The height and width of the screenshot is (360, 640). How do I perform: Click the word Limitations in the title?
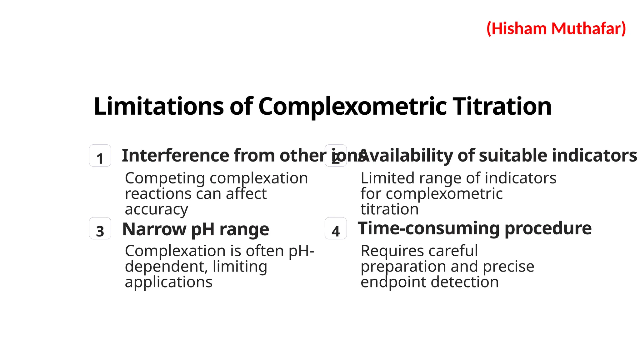(x=158, y=107)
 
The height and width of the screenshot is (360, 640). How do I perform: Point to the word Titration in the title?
(x=502, y=107)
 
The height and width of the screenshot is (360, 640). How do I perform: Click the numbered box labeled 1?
(x=100, y=156)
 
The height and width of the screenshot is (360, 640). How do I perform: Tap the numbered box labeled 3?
(x=100, y=228)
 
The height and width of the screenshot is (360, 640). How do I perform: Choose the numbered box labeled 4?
(x=336, y=228)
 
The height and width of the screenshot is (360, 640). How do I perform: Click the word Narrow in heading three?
(x=154, y=229)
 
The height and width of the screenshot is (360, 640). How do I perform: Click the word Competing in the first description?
(x=165, y=179)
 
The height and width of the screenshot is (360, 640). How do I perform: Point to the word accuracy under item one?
(x=156, y=210)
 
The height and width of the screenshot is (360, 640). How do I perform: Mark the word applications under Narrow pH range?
(x=168, y=282)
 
